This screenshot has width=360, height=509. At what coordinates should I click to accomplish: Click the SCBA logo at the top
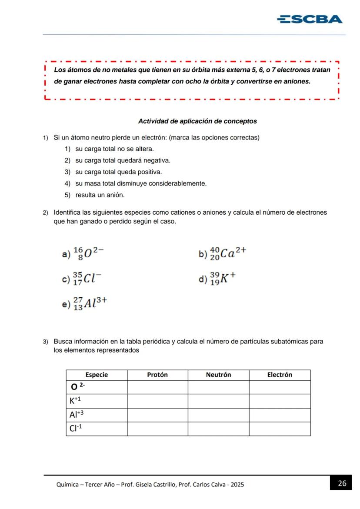click(x=310, y=19)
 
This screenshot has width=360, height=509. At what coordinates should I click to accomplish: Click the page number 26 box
click(x=342, y=483)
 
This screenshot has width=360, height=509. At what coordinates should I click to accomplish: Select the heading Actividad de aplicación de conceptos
click(x=197, y=121)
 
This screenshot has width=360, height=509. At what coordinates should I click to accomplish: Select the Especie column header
click(x=97, y=375)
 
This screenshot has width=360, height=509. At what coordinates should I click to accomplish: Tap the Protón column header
click(x=157, y=375)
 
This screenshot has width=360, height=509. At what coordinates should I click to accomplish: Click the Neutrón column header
click(x=218, y=375)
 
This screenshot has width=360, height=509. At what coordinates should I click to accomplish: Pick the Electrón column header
click(x=280, y=375)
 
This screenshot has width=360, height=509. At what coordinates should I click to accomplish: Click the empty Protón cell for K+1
click(x=157, y=401)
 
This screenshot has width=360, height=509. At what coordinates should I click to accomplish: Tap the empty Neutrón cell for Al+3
click(x=218, y=415)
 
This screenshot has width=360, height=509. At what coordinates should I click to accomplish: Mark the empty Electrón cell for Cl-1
click(x=280, y=429)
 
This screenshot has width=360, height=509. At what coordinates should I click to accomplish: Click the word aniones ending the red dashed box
click(x=297, y=81)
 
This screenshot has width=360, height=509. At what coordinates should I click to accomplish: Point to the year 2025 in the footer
click(x=237, y=485)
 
